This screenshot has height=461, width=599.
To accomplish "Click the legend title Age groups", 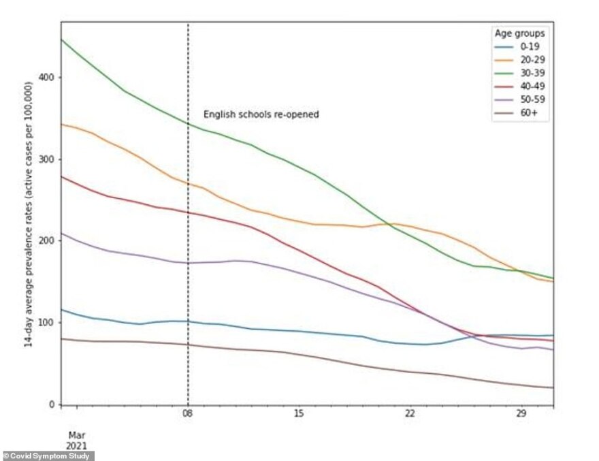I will click(519, 33).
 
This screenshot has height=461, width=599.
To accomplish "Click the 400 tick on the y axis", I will click(47, 78).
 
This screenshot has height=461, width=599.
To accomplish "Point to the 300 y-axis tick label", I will click(47, 159).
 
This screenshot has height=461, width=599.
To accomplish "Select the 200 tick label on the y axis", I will click(47, 241).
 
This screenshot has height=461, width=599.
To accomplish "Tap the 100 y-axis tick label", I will click(47, 323).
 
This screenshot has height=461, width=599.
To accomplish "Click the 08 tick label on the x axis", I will click(188, 414).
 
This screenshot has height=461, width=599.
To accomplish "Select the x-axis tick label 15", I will click(299, 414).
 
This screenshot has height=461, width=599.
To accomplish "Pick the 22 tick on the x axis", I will click(410, 414).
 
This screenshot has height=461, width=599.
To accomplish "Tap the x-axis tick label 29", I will click(521, 414).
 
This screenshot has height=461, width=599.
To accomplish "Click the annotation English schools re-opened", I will click(261, 114).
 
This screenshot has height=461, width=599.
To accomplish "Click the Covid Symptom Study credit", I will click(48, 456).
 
